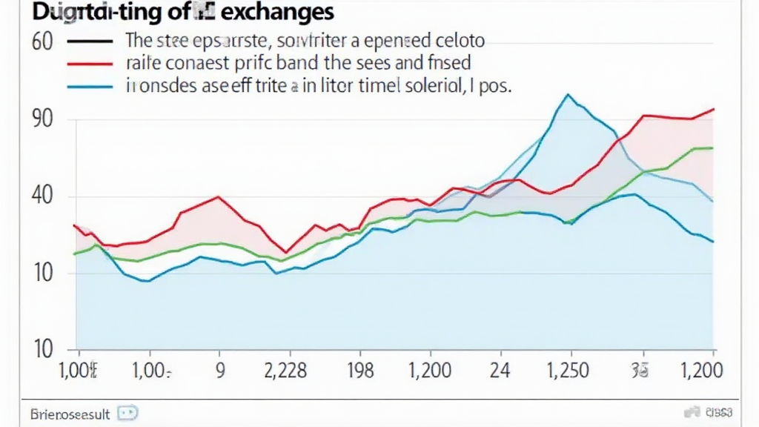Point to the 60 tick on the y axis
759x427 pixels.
pyautogui.click(x=43, y=41)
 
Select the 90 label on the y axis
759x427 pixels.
pyautogui.click(x=43, y=119)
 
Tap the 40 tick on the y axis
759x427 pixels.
pyautogui.click(x=43, y=196)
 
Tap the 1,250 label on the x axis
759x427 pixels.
pyautogui.click(x=569, y=370)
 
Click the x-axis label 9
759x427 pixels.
pyautogui.click(x=219, y=370)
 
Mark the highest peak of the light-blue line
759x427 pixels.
pyautogui.click(x=568, y=95)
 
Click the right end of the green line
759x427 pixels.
pyautogui.click(x=713, y=148)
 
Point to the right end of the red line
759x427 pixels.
pyautogui.click(x=714, y=109)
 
